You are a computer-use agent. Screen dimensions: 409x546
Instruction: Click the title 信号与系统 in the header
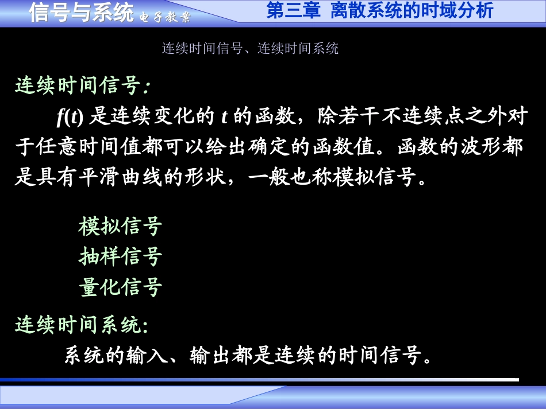[x=81, y=12]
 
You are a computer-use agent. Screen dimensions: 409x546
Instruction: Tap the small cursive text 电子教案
[x=165, y=16]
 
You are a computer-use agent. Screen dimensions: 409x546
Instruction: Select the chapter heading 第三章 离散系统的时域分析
[x=379, y=11]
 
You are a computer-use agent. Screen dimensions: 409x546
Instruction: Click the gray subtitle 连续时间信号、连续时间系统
[x=250, y=48]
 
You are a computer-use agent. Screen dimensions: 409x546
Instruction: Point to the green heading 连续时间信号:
[x=83, y=86]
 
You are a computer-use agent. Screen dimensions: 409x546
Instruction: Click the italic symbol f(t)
[x=70, y=117]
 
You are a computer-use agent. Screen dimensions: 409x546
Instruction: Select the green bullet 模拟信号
[x=120, y=227]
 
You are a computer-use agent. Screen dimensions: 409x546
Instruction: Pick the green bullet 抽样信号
[x=120, y=256]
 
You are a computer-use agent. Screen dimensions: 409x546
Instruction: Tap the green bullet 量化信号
[x=120, y=287]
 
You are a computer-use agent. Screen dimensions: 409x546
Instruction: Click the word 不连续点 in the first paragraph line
[x=426, y=117]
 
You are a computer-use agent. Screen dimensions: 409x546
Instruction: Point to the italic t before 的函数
[x=224, y=117]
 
